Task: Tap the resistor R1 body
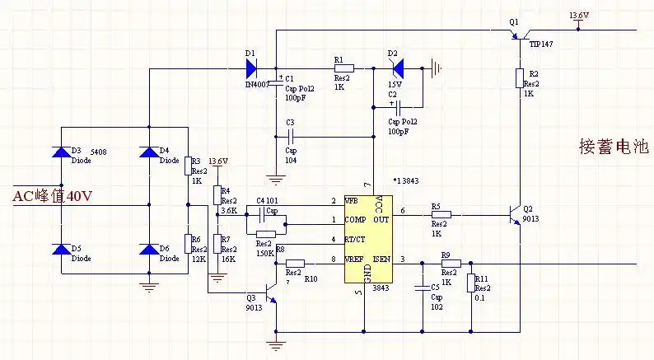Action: (343, 68)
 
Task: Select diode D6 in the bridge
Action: (148, 249)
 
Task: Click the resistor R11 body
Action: (470, 283)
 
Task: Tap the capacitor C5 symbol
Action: (423, 288)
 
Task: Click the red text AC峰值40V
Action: (50, 196)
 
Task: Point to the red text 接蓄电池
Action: (614, 147)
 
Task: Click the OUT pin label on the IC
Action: (380, 219)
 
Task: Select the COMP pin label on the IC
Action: (356, 219)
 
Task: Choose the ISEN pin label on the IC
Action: (380, 261)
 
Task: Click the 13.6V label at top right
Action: (580, 16)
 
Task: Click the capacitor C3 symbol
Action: (290, 137)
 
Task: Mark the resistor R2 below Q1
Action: (520, 78)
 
